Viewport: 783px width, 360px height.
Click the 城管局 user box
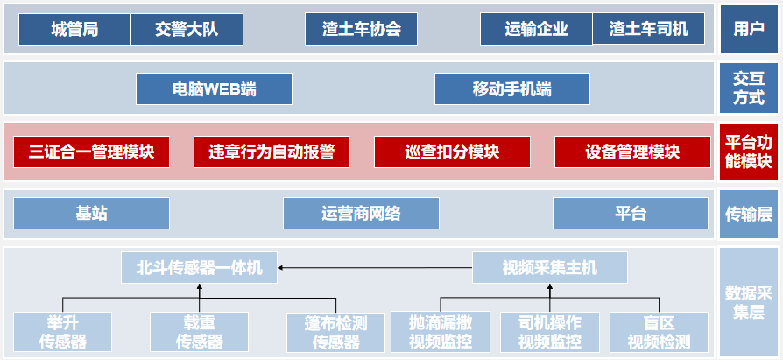point(74,29)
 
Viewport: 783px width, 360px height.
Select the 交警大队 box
point(187,29)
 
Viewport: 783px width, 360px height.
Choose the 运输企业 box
point(536,29)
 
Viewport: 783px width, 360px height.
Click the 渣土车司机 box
point(648,29)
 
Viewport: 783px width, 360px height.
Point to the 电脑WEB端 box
point(214,89)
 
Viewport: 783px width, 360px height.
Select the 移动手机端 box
point(511,89)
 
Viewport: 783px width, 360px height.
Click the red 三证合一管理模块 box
point(91,152)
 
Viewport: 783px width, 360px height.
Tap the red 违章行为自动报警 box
point(272,152)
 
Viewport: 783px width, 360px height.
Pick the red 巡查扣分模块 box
point(452,152)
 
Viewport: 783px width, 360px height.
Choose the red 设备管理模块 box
point(632,152)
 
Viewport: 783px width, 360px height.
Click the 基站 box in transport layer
point(91,213)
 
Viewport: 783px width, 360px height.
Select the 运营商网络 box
point(361,213)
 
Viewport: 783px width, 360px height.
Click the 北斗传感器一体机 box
point(199,267)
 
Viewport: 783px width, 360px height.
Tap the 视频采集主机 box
point(549,267)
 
